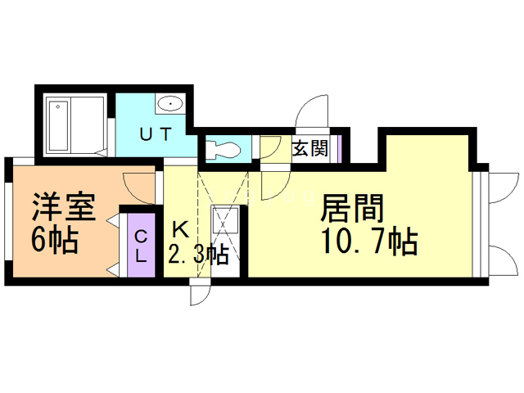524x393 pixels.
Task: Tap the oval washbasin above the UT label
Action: click(169, 104)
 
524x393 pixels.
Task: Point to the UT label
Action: click(155, 136)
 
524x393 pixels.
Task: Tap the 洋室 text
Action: click(63, 204)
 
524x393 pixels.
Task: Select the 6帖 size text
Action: click(56, 241)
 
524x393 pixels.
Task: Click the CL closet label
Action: click(140, 245)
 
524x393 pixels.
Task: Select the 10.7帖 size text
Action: click(369, 243)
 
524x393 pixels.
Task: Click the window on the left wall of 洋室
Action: click(7, 222)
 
